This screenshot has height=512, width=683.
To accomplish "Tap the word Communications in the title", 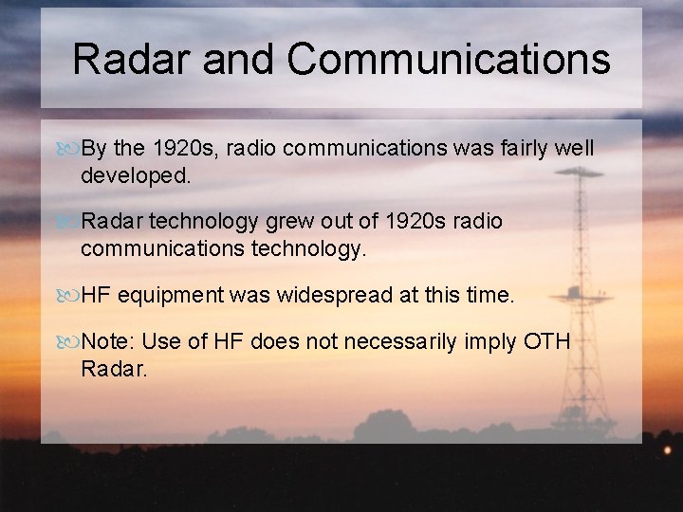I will [449, 59].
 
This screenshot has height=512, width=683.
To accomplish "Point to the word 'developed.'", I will [136, 175].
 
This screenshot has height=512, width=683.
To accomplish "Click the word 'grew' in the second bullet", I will [293, 222].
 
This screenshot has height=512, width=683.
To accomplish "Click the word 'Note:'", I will [108, 341].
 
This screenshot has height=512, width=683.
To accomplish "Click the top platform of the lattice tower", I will [579, 173].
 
